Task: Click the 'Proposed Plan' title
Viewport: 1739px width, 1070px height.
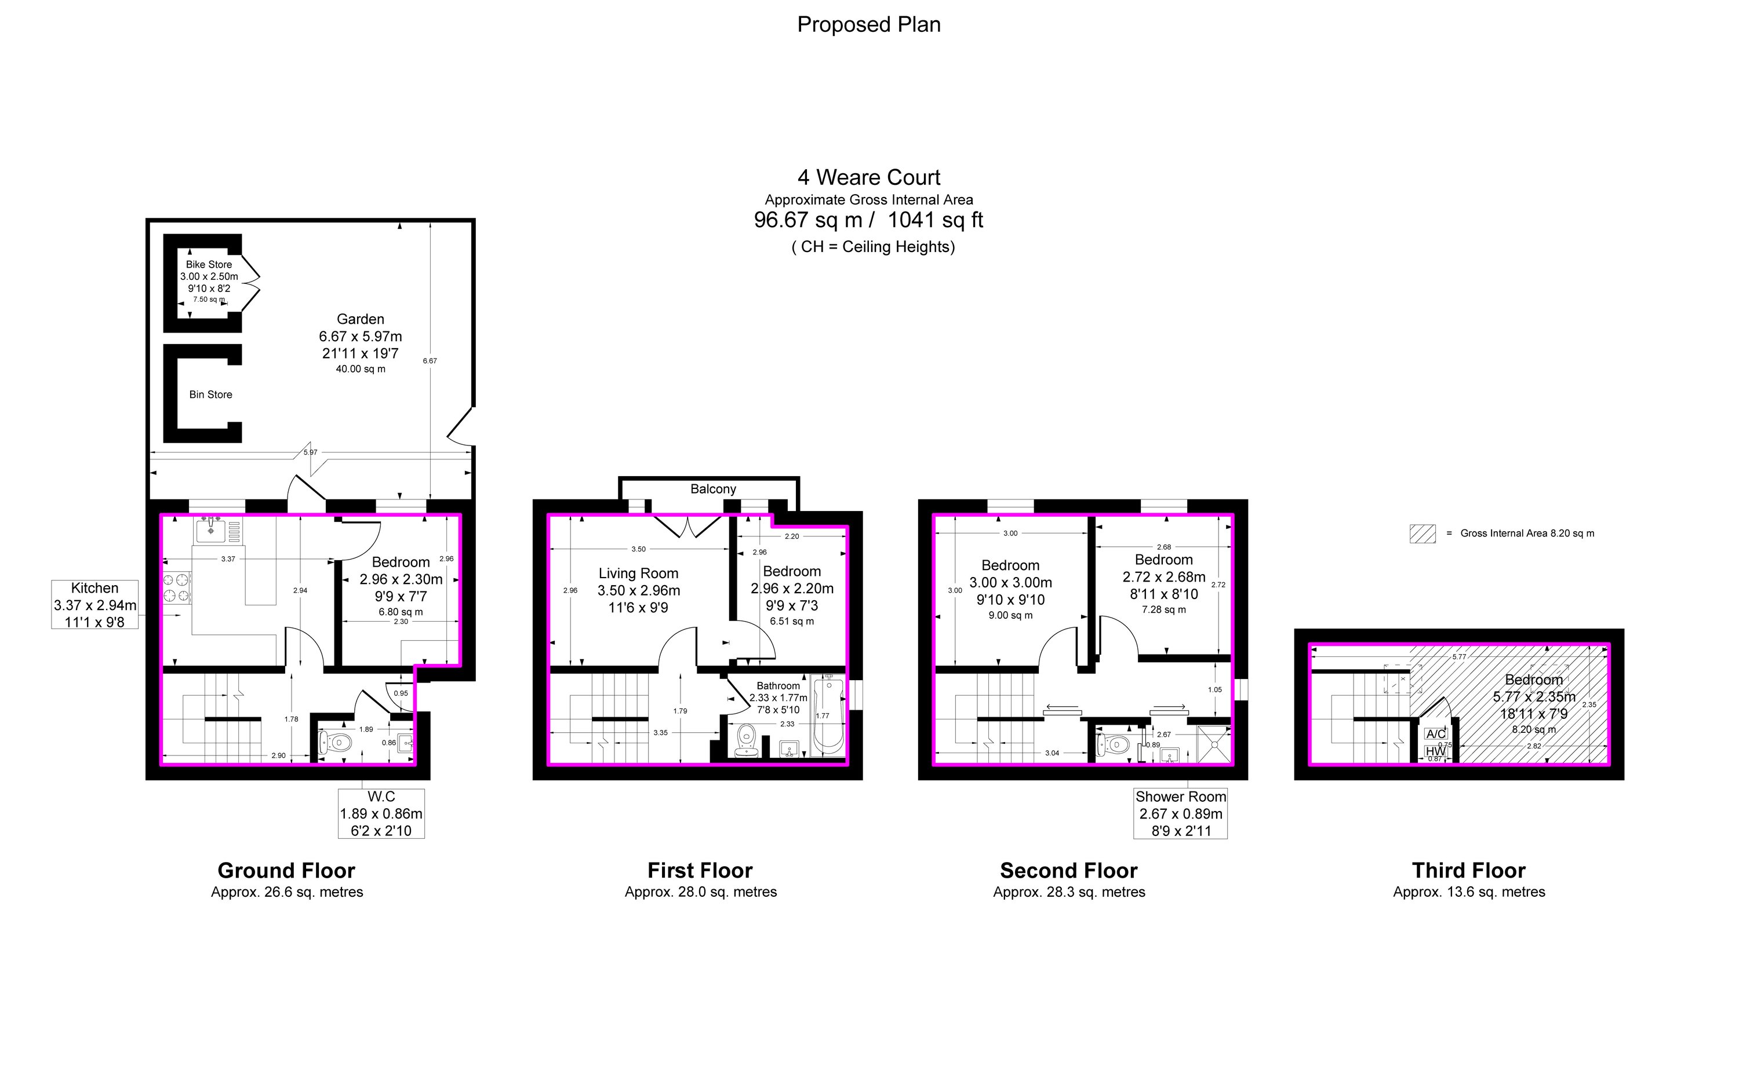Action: coord(869,25)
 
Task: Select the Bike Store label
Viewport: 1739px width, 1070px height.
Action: coord(209,265)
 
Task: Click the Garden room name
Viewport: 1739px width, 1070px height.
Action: coord(361,319)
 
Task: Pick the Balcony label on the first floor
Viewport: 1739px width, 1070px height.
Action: coord(713,489)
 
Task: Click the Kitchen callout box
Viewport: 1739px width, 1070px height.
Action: coord(95,604)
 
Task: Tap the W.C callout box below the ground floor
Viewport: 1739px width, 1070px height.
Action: coord(381,814)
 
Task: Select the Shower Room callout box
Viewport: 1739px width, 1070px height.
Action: coord(1180,814)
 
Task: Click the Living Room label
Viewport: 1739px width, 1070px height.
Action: coord(638,573)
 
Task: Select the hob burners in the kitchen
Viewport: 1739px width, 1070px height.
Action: coord(178,588)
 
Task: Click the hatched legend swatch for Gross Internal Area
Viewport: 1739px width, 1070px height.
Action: coord(1423,534)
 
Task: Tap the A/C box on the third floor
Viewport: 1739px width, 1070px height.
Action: coord(1436,734)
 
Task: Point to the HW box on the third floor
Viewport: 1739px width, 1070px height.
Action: coord(1435,751)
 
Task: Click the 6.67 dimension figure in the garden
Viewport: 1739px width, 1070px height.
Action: coord(430,361)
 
